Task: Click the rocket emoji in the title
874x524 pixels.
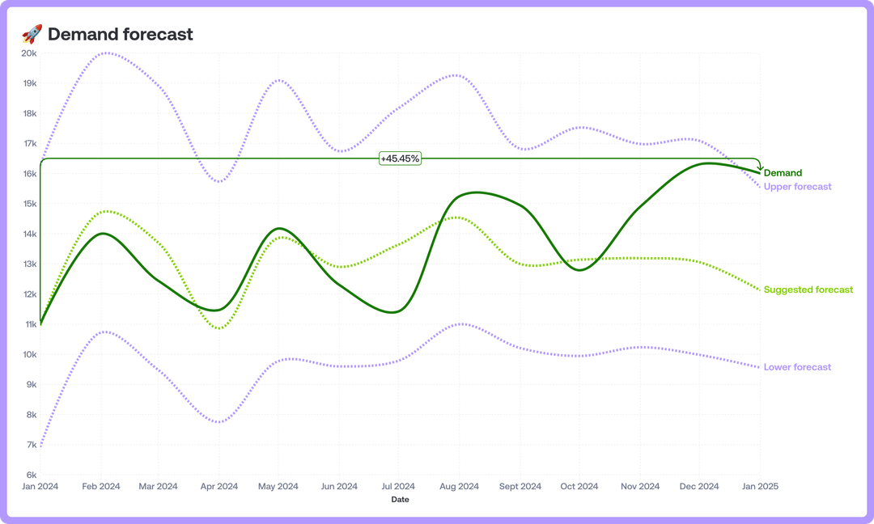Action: [x=32, y=34]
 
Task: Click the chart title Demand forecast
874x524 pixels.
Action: [x=121, y=34]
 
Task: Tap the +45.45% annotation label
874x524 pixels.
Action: [x=400, y=158]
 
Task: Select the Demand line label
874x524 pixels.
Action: [x=783, y=173]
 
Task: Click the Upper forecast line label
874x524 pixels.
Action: [x=797, y=187]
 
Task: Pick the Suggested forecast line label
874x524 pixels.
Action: [x=808, y=289]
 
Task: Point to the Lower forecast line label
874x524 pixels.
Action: [x=797, y=367]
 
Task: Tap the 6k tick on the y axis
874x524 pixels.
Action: [x=31, y=475]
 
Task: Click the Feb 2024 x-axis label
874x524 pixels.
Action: [x=100, y=487]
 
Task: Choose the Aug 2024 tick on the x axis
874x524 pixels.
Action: [x=459, y=487]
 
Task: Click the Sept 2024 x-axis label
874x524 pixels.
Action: [x=520, y=487]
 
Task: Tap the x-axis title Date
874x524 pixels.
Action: [x=400, y=500]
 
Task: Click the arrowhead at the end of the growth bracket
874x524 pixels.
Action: [x=760, y=167]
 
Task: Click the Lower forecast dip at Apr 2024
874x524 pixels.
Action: [x=219, y=422]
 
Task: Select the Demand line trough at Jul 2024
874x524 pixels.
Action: [x=394, y=312]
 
